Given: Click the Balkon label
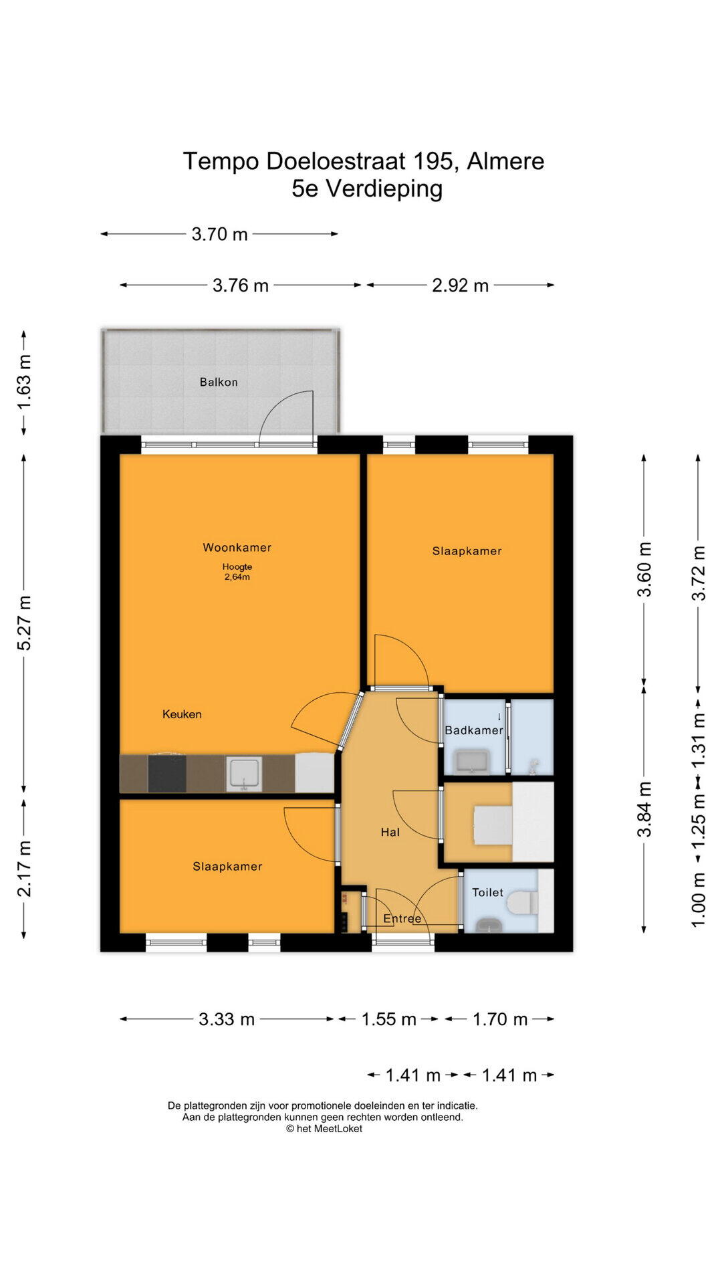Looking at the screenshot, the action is click(219, 382).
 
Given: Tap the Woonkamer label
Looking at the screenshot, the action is click(237, 547).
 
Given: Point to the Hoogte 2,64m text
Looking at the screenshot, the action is click(237, 572).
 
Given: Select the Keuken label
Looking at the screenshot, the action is click(182, 714).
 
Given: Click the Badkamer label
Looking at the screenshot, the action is click(474, 730).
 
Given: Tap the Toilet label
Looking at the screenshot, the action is click(488, 892).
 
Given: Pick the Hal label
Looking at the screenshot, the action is click(390, 832).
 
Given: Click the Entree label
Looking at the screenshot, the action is click(402, 919).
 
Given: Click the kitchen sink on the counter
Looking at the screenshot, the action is click(245, 774).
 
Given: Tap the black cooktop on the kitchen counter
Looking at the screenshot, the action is click(167, 773).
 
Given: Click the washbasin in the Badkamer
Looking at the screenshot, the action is click(472, 762).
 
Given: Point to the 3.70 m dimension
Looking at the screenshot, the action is click(219, 234).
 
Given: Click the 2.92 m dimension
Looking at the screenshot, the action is click(461, 286).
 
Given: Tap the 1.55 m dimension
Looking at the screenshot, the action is click(388, 1019).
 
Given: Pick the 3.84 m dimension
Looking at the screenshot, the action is click(644, 809).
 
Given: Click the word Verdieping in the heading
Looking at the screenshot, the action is click(384, 189).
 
